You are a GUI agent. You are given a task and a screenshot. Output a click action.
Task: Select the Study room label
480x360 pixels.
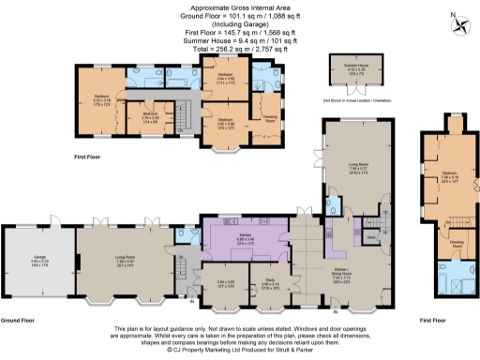point(271,279)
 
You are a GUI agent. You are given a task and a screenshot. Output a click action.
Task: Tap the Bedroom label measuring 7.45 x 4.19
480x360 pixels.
point(448,174)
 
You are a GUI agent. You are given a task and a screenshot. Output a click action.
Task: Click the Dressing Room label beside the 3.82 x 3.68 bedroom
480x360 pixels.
point(268,115)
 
